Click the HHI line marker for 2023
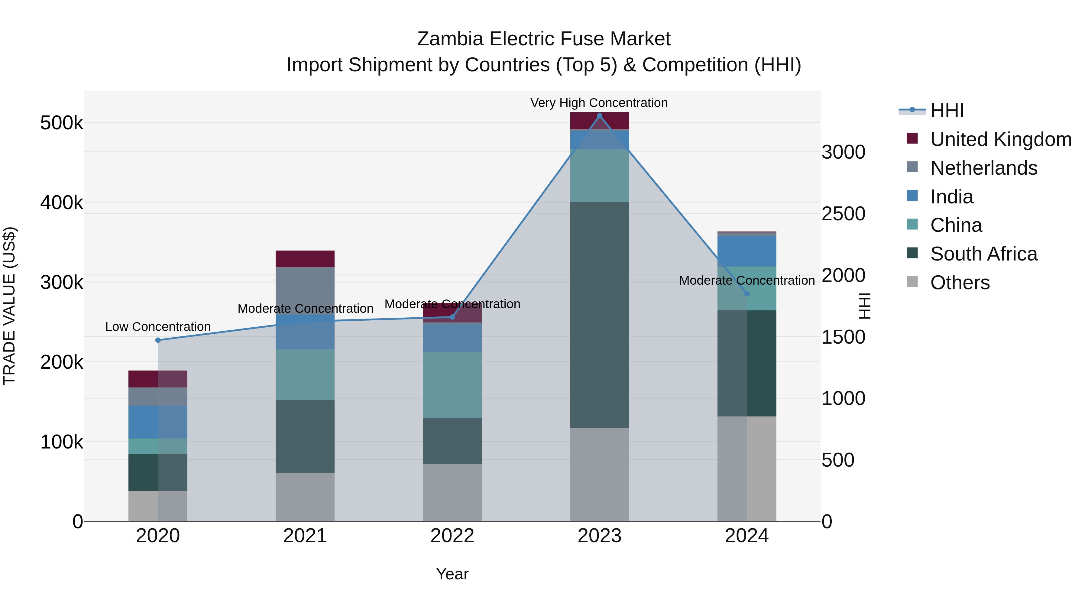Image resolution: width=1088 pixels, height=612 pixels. pos(599,116)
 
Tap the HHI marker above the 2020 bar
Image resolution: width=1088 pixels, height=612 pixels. pos(158,340)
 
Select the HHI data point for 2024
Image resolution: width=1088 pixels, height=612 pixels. pos(747,294)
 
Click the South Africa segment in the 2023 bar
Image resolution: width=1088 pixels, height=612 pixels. pos(599,315)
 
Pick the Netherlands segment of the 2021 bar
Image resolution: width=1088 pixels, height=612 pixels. pos(305,290)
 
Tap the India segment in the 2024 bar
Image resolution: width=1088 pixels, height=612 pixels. pos(747,251)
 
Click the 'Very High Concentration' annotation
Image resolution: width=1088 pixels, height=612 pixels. pos(599,103)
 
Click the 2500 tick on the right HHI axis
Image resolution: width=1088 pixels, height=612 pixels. pos(843,214)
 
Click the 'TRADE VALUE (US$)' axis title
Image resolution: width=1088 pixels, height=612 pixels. pos(9,306)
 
